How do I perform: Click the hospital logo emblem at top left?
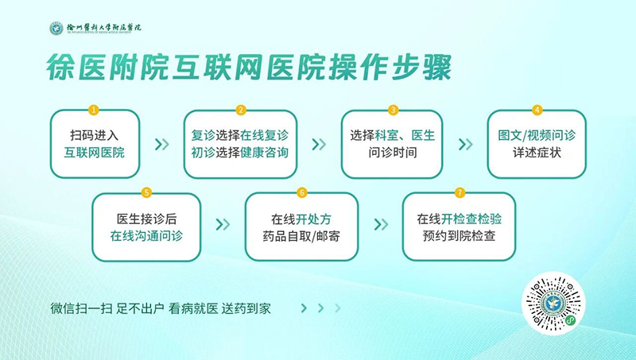[x=56, y=29]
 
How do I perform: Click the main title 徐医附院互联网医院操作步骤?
[x=249, y=68]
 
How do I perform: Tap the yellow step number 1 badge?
[x=94, y=110]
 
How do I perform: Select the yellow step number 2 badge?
[x=241, y=110]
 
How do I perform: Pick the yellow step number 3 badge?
[x=393, y=110]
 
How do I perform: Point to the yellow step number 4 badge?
[x=537, y=110]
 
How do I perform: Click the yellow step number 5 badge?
[x=147, y=192]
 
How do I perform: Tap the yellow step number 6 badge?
[x=302, y=192]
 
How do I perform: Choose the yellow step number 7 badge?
[x=460, y=192]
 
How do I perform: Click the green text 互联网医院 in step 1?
[x=94, y=153]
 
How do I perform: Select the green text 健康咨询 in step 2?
[x=265, y=153]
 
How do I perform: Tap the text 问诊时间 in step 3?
[x=393, y=153]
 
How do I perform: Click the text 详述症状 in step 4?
[x=537, y=153]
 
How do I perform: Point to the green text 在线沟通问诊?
[x=146, y=236]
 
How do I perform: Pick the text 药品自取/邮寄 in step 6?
[x=301, y=236]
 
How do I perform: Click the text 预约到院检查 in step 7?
[x=460, y=236]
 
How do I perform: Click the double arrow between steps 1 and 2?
[x=162, y=144]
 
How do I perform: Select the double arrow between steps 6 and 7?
[x=381, y=224]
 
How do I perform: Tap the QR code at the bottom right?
[x=553, y=304]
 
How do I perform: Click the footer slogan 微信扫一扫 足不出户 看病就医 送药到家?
[x=161, y=309]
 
